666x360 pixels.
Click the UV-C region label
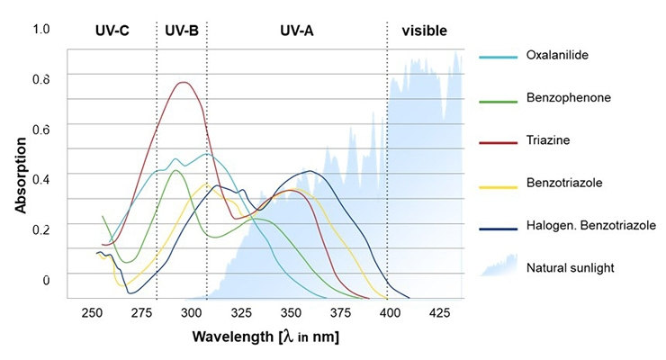tap(112, 31)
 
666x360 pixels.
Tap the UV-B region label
tap(182, 31)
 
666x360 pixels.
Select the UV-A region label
tap(296, 31)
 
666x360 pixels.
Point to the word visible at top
tap(425, 31)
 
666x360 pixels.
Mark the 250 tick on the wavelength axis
tap(91, 312)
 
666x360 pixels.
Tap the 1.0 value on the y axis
tap(41, 30)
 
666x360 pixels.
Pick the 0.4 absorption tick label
tap(41, 178)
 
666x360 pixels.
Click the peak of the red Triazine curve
tap(184, 83)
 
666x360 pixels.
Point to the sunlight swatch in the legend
tap(499, 265)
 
